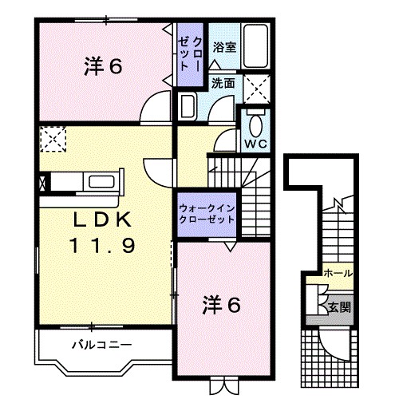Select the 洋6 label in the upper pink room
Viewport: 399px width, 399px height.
click(x=103, y=67)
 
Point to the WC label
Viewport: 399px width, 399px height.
click(x=255, y=144)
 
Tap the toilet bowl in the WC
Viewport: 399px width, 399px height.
click(x=255, y=126)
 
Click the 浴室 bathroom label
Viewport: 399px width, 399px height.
click(x=224, y=48)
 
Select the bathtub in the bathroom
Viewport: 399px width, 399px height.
click(x=255, y=45)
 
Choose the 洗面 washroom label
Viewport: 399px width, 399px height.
click(x=223, y=82)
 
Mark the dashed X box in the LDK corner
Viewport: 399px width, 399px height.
click(x=52, y=140)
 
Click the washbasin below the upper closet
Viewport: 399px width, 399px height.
click(x=188, y=106)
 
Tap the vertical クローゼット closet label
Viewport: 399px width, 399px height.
click(x=190, y=49)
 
